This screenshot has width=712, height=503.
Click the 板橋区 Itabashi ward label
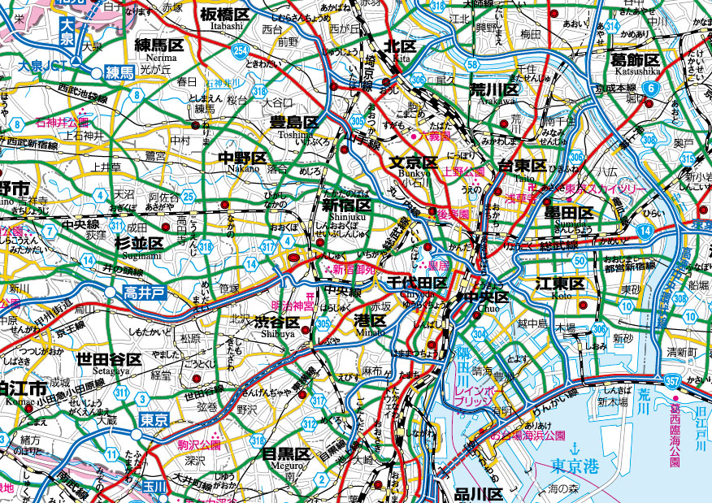(225, 15)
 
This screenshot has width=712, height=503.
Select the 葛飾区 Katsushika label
(636, 59)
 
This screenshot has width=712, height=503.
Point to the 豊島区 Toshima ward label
(294, 122)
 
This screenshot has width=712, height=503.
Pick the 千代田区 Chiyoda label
(415, 284)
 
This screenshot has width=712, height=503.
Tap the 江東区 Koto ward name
(560, 284)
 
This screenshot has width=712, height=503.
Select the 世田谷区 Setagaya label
(109, 359)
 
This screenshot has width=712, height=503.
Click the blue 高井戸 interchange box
(145, 291)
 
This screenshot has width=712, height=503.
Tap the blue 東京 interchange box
(154, 420)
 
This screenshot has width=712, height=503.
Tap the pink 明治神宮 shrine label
(292, 306)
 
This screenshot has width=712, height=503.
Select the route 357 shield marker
(671, 379)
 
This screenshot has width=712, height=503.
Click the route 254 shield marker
(241, 51)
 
